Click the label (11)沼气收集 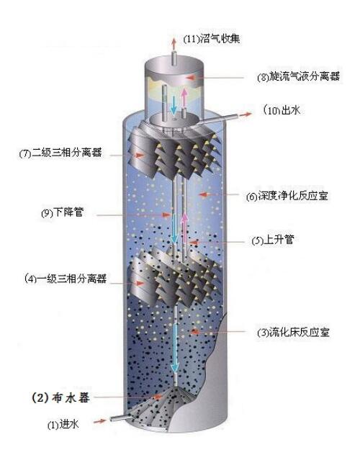click(x=212, y=39)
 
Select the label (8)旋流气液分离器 click(x=299, y=77)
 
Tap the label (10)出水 click(x=282, y=110)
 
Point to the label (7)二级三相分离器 click(x=60, y=153)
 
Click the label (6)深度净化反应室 click(x=287, y=196)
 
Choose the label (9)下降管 click(x=63, y=213)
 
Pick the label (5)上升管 click(x=273, y=240)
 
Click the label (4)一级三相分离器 click(x=66, y=279)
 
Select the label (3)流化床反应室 click(x=293, y=332)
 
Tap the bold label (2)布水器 click(x=60, y=398)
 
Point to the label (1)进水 click(x=63, y=424)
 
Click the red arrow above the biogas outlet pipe click(x=174, y=44)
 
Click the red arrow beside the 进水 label click(x=100, y=421)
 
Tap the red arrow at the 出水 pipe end click(x=246, y=114)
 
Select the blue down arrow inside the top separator click(x=173, y=105)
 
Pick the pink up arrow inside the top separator click(x=185, y=98)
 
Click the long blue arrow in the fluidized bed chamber click(x=175, y=348)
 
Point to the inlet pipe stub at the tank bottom click(x=119, y=418)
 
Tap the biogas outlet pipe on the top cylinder click(x=174, y=58)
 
